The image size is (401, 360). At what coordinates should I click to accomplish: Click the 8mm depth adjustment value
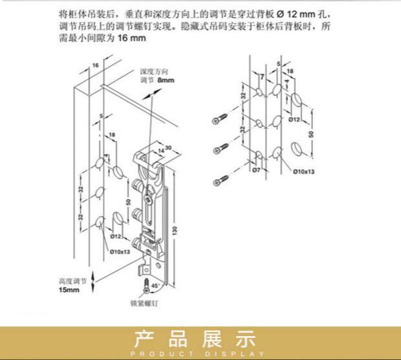(x=166, y=81)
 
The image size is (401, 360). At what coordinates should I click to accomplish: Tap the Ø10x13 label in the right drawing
(x=303, y=172)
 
